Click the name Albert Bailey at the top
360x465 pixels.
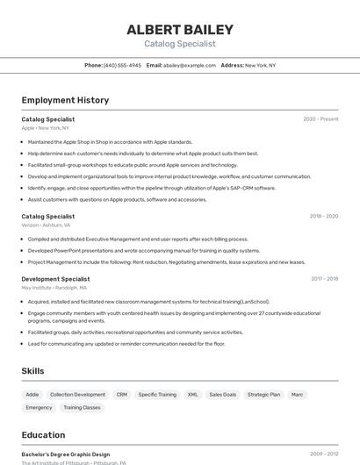tap(179, 29)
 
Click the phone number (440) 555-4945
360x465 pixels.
tap(122, 65)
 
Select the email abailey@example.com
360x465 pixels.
tap(190, 65)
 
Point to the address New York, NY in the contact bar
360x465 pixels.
tap(260, 65)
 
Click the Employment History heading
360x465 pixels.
tap(65, 100)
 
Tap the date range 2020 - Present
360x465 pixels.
tap(320, 119)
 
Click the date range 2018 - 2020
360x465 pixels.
tap(323, 216)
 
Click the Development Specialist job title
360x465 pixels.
tap(55, 279)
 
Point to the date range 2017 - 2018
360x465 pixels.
tap(324, 279)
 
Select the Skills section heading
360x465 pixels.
tap(32, 371)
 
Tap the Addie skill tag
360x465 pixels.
tap(32, 395)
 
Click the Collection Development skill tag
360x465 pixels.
tap(77, 395)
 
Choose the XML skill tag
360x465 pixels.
tap(192, 395)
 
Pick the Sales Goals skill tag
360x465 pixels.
tap(222, 395)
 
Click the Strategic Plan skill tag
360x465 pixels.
tap(263, 395)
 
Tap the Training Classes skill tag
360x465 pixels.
tap(82, 408)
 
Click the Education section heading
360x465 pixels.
tap(43, 435)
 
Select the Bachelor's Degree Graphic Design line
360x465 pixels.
tap(65, 454)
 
